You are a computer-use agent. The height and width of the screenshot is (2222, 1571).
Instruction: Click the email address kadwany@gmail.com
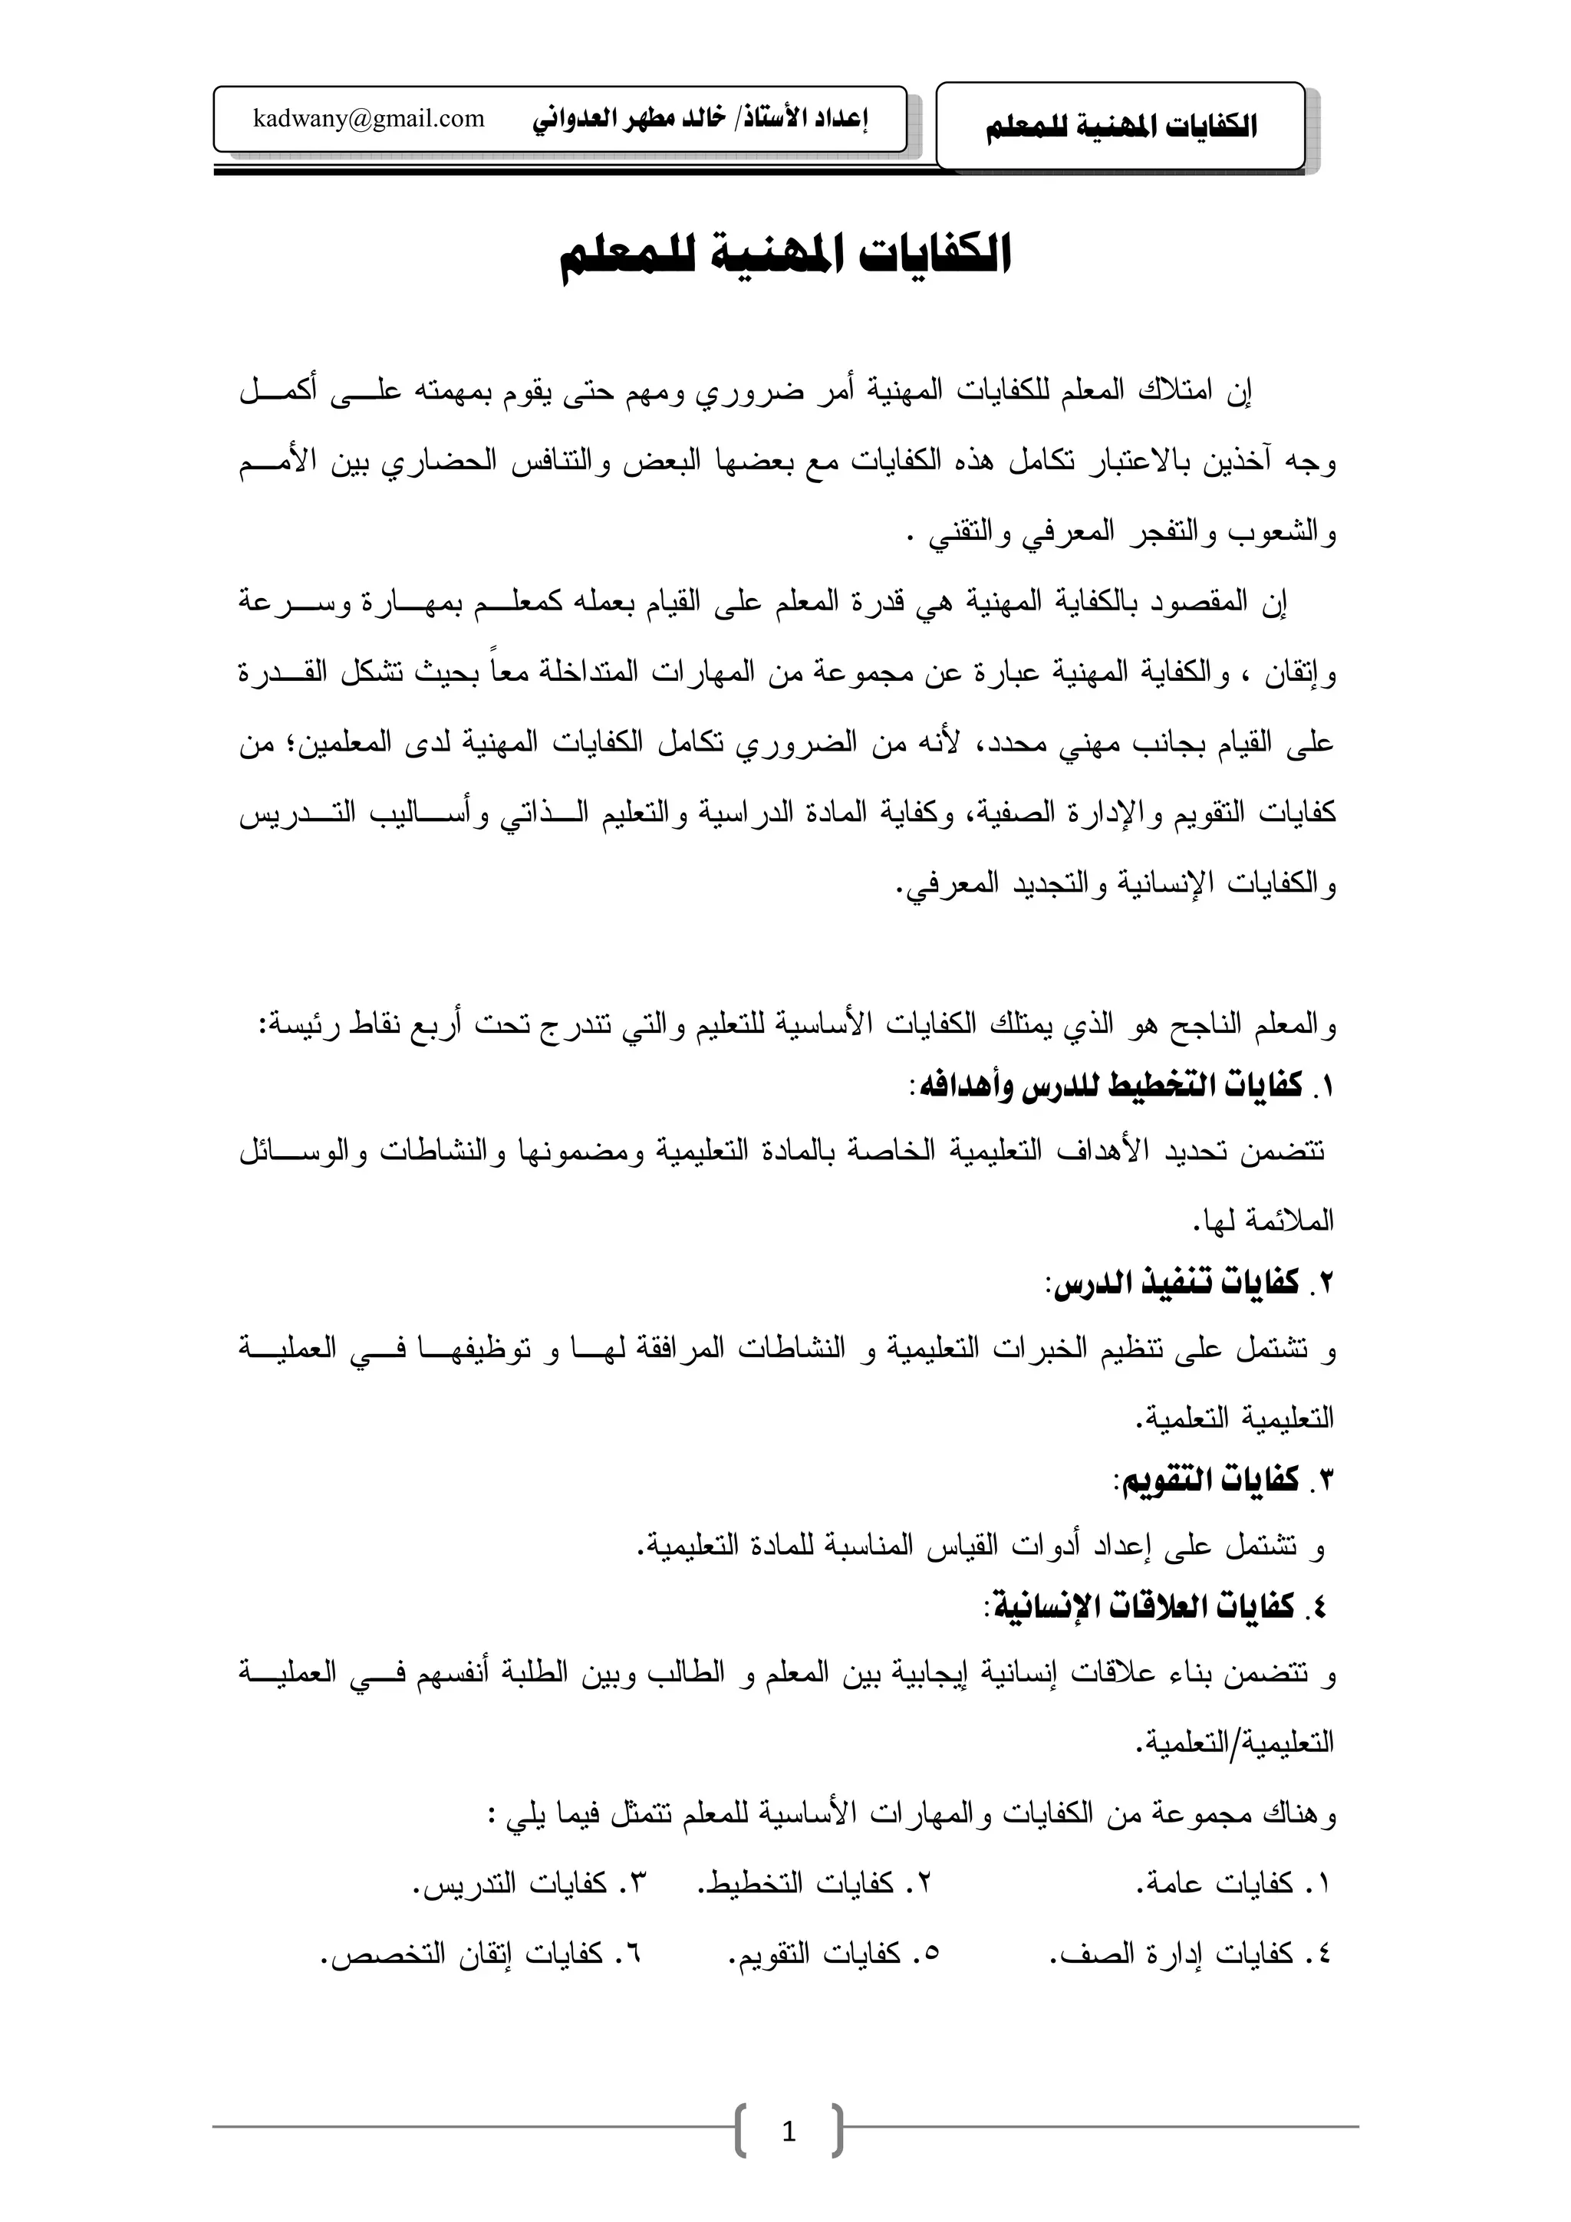(368, 119)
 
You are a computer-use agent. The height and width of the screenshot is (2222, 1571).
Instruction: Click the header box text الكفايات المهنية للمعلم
(1121, 127)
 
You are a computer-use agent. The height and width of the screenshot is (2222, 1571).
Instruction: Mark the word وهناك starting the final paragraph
(1301, 1816)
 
